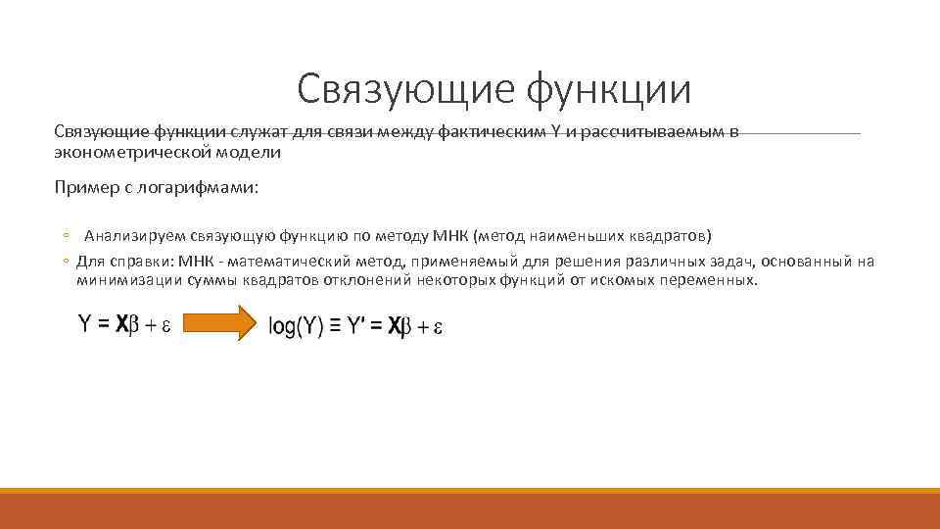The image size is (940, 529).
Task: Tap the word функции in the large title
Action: pos(608,89)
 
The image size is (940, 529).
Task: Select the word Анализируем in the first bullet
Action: pos(134,236)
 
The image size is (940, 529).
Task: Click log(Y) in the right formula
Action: pos(296,328)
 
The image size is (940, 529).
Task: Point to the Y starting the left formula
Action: pos(85,324)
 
